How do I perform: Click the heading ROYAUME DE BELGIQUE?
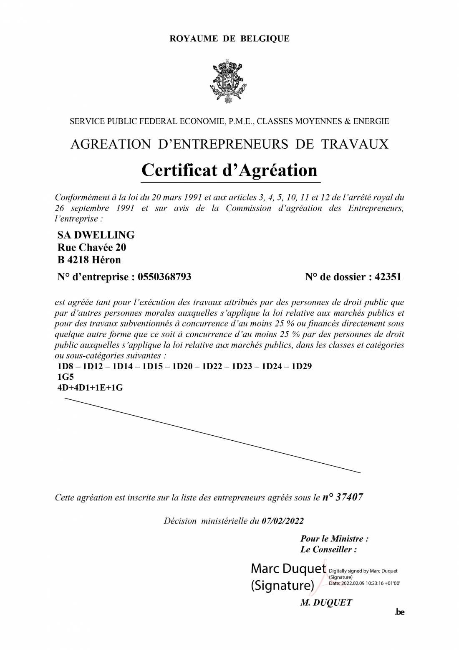click(x=229, y=39)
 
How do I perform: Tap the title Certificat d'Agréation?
click(x=229, y=170)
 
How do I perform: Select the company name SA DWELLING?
click(x=96, y=235)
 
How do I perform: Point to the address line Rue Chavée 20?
click(x=92, y=247)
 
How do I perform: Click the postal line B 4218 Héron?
click(x=89, y=260)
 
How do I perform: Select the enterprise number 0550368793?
click(x=164, y=277)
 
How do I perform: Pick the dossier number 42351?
click(x=388, y=277)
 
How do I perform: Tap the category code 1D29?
click(x=301, y=366)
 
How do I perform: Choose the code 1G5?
click(x=66, y=377)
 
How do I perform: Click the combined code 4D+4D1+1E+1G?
click(x=90, y=388)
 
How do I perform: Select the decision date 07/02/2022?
click(x=282, y=521)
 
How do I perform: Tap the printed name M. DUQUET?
click(x=326, y=602)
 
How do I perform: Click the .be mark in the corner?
click(x=399, y=612)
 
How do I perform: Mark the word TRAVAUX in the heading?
click(x=354, y=144)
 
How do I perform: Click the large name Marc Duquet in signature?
click(x=288, y=569)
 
